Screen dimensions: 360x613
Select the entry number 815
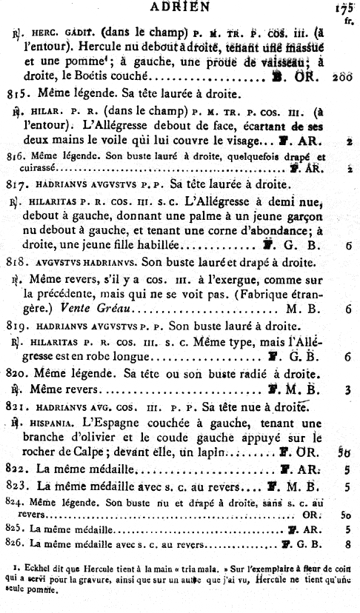[16, 94]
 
